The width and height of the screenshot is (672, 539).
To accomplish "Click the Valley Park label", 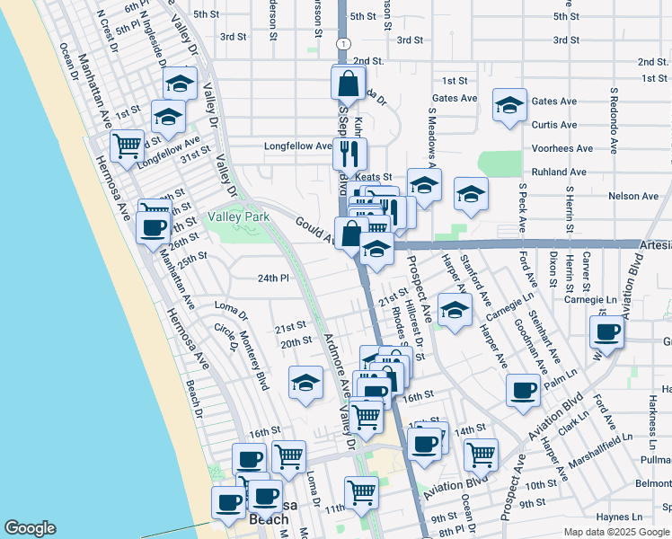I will click(x=239, y=217).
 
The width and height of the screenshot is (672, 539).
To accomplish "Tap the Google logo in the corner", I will click(x=31, y=528).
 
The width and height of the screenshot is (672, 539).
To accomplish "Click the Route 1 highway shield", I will click(x=344, y=43).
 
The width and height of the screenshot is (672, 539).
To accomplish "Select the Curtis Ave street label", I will click(x=553, y=125).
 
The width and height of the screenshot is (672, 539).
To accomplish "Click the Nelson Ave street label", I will click(x=633, y=196).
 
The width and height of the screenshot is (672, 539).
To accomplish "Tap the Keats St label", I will click(x=374, y=177).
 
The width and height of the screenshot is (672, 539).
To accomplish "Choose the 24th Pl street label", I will click(x=273, y=278).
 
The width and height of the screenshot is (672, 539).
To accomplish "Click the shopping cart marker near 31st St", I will click(x=127, y=145).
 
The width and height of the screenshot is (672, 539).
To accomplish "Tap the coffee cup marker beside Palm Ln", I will click(x=523, y=389).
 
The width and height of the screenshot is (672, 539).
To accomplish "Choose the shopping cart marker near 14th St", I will click(x=481, y=453).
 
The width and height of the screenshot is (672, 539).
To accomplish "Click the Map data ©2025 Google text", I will click(x=616, y=532).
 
